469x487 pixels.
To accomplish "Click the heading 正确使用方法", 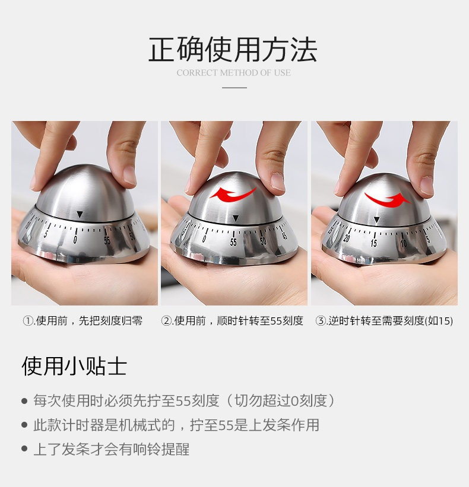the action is point(233,49).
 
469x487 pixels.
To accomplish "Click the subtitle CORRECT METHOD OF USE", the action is point(234,73).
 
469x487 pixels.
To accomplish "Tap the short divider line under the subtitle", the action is point(235,88).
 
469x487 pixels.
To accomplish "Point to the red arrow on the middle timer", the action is point(233,195).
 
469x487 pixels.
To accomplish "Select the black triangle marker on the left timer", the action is point(80,214).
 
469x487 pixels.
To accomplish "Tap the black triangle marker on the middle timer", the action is point(236,218).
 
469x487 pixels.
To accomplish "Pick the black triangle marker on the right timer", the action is point(377,220).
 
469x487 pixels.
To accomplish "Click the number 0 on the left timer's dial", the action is point(75,240).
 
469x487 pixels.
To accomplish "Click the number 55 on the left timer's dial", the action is point(107,240).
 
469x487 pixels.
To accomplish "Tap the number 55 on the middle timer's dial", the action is point(233,242).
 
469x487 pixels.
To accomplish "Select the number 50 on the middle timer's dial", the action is point(263,241).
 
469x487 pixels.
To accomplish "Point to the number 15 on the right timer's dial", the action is point(373,243).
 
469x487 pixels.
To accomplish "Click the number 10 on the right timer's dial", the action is point(404,243).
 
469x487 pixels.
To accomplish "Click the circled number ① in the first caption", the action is point(28,321).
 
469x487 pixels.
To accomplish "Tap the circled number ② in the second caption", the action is point(166,321).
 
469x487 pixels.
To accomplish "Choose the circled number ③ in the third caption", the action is point(320,321).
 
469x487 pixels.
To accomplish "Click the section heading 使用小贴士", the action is point(74,366).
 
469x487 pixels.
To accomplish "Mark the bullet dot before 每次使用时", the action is point(24,400).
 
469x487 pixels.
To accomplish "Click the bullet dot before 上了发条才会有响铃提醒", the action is point(24,449).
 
